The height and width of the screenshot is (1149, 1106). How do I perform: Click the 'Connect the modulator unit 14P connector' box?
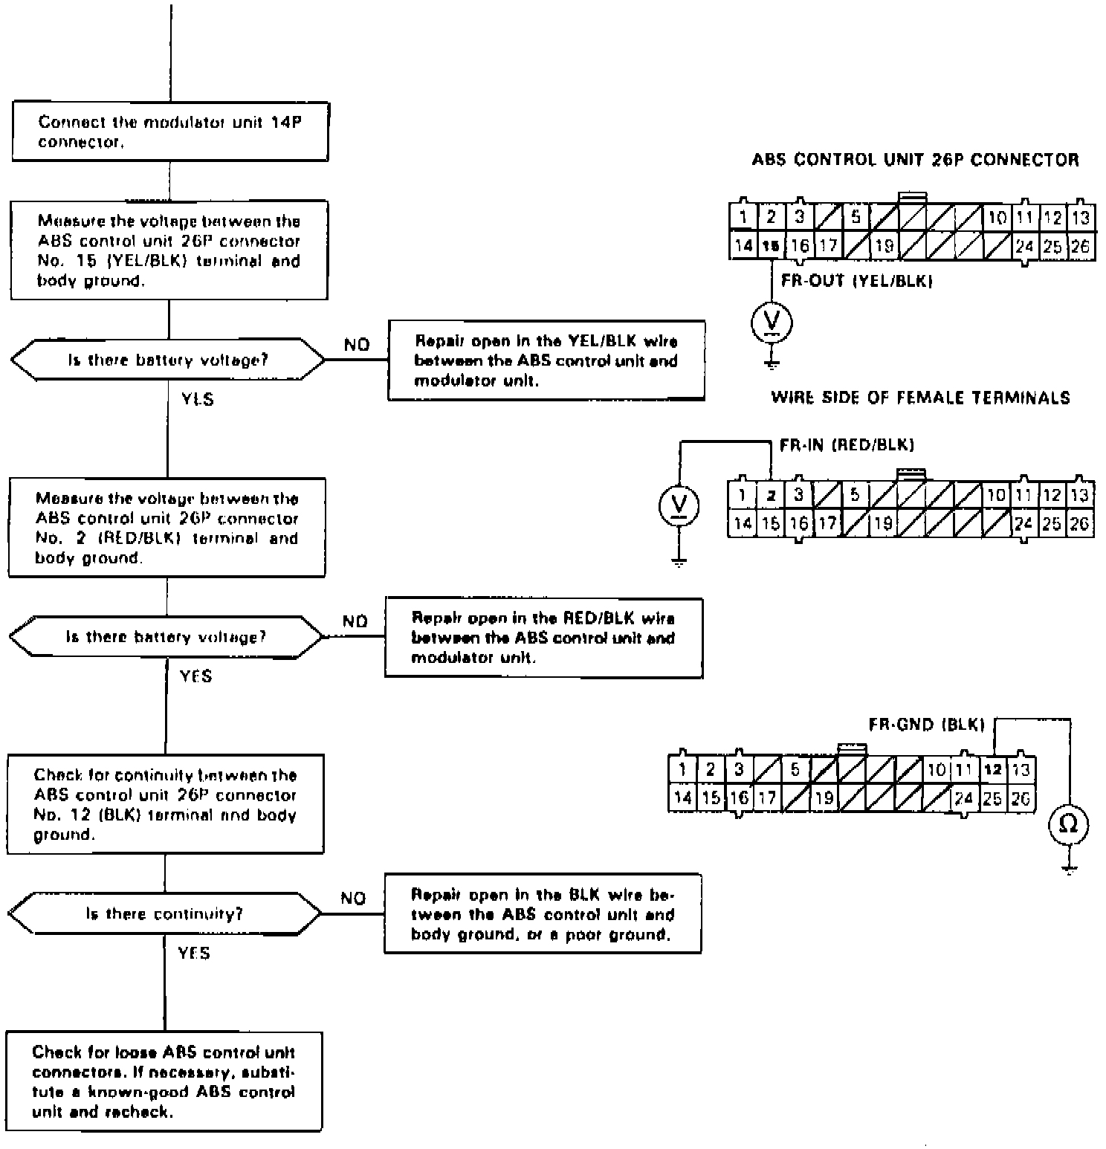point(169,132)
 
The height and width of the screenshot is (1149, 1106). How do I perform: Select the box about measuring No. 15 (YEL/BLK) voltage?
point(169,250)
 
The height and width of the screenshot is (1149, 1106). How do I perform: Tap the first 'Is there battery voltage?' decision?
point(168,360)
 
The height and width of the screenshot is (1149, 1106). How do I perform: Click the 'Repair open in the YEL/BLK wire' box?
point(546,360)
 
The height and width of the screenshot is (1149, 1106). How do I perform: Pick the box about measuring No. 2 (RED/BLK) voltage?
point(166,528)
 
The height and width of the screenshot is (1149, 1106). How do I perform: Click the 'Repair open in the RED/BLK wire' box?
point(543,638)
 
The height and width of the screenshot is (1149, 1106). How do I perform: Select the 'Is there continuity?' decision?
point(165,913)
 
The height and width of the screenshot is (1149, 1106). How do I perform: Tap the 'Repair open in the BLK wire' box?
point(543,914)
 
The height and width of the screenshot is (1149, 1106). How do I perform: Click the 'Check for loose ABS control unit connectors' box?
point(164,1081)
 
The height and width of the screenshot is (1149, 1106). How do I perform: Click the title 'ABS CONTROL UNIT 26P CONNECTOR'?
point(915,160)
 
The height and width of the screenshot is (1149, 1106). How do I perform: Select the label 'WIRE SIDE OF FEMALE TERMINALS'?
point(921,398)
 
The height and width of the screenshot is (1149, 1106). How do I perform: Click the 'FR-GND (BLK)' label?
point(926,724)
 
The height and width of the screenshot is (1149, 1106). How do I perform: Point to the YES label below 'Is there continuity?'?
point(194,953)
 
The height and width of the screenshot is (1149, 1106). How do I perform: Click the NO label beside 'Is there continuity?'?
point(354,898)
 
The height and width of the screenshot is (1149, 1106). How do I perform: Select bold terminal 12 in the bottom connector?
point(992,770)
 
